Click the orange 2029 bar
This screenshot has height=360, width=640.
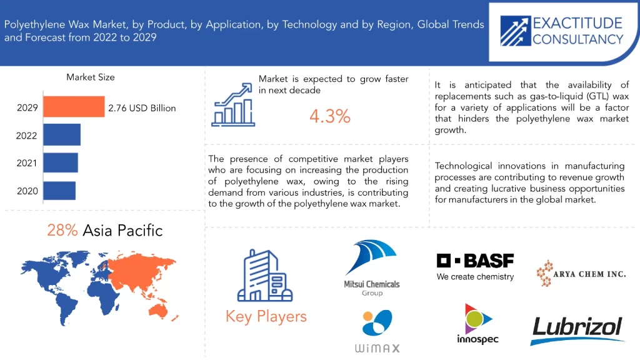[x=74, y=106]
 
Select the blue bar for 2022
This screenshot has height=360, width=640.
[x=62, y=135]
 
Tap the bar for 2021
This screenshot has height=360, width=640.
[x=61, y=162]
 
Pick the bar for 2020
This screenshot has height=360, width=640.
[x=59, y=191]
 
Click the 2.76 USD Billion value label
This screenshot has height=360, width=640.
[x=142, y=108]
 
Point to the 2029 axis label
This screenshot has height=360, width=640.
[x=27, y=107]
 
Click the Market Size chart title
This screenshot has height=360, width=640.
[x=91, y=77]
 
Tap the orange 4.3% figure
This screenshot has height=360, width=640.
[x=330, y=116]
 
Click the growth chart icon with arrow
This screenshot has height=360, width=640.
[x=232, y=105]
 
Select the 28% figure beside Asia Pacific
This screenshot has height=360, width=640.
[x=62, y=230]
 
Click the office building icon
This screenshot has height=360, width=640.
[x=265, y=276]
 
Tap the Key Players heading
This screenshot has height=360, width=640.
[x=266, y=316]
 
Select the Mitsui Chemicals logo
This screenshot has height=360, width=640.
[x=371, y=267]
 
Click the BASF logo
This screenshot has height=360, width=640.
[x=475, y=267]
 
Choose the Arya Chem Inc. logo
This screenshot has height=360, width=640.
[x=581, y=274]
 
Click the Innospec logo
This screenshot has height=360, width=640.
[x=477, y=324]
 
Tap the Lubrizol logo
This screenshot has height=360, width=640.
[x=577, y=330]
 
